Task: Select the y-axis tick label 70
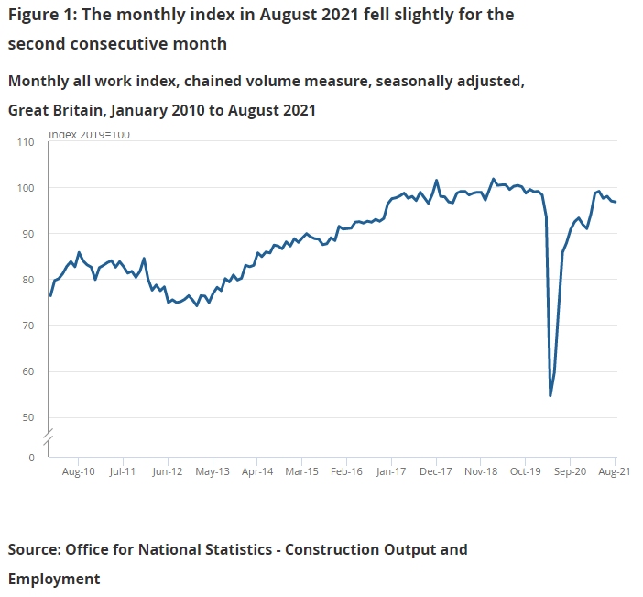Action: pos(27,326)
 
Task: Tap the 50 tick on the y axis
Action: pos(27,417)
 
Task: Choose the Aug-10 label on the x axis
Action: pos(78,472)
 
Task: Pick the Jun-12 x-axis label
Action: pos(168,472)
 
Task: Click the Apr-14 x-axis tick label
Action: pos(257,472)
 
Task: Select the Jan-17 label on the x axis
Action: pos(391,472)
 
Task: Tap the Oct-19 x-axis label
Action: pos(525,472)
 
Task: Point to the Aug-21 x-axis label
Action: pos(613,472)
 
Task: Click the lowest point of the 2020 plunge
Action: pos(550,395)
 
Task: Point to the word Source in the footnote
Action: pos(34,549)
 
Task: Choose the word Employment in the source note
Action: pos(54,579)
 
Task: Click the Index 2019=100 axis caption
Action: pos(89,135)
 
